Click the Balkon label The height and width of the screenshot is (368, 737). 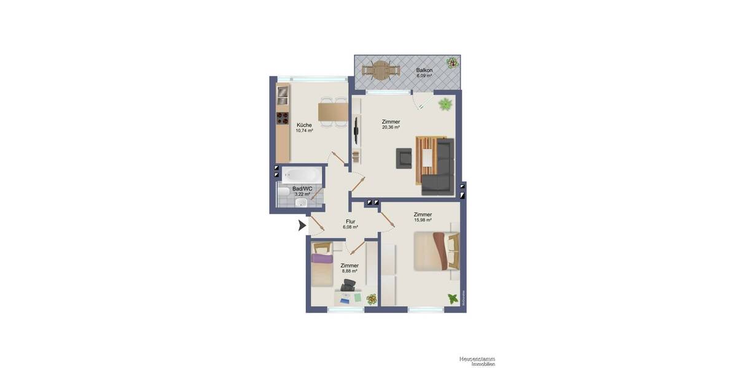click(424, 70)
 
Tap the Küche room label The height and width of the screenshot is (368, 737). click(304, 125)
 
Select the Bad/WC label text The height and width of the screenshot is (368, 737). click(302, 188)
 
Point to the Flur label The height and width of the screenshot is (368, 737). click(350, 221)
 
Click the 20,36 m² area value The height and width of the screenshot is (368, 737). click(391, 128)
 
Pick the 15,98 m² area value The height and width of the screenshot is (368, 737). click(423, 220)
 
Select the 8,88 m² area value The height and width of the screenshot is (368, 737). click(349, 271)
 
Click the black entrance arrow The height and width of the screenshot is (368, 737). click(302, 226)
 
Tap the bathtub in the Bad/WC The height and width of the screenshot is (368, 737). click(302, 174)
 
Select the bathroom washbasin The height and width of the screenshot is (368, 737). click(302, 202)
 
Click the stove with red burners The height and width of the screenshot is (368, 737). click(283, 118)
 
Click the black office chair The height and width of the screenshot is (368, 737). click(349, 285)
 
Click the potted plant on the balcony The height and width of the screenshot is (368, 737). click(453, 62)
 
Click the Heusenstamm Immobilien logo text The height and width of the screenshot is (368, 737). click(477, 361)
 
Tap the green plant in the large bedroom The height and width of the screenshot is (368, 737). click(453, 299)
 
